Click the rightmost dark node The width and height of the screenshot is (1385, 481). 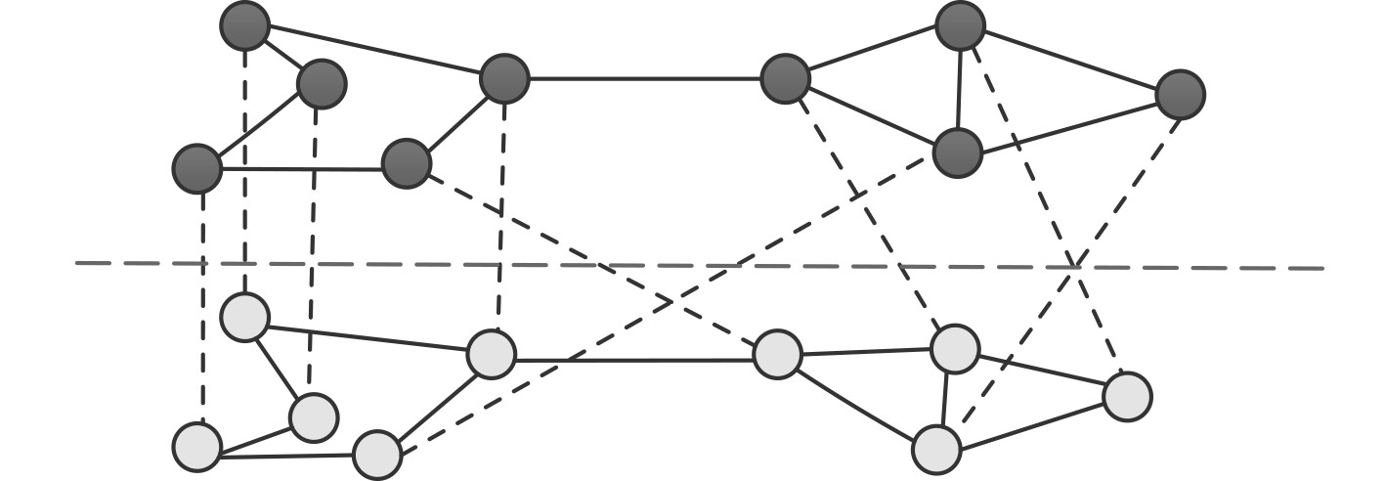(x=1180, y=95)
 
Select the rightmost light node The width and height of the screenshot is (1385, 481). (x=1127, y=397)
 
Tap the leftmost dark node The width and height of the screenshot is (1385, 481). (x=196, y=168)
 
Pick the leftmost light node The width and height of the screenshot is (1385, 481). (x=196, y=447)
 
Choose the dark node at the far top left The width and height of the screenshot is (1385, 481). (x=244, y=25)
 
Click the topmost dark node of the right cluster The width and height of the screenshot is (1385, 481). (x=960, y=26)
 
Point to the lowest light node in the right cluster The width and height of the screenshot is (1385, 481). (x=936, y=450)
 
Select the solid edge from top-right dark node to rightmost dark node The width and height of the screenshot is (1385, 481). (x=1070, y=60)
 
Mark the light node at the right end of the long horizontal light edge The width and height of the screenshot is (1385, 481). (x=778, y=354)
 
